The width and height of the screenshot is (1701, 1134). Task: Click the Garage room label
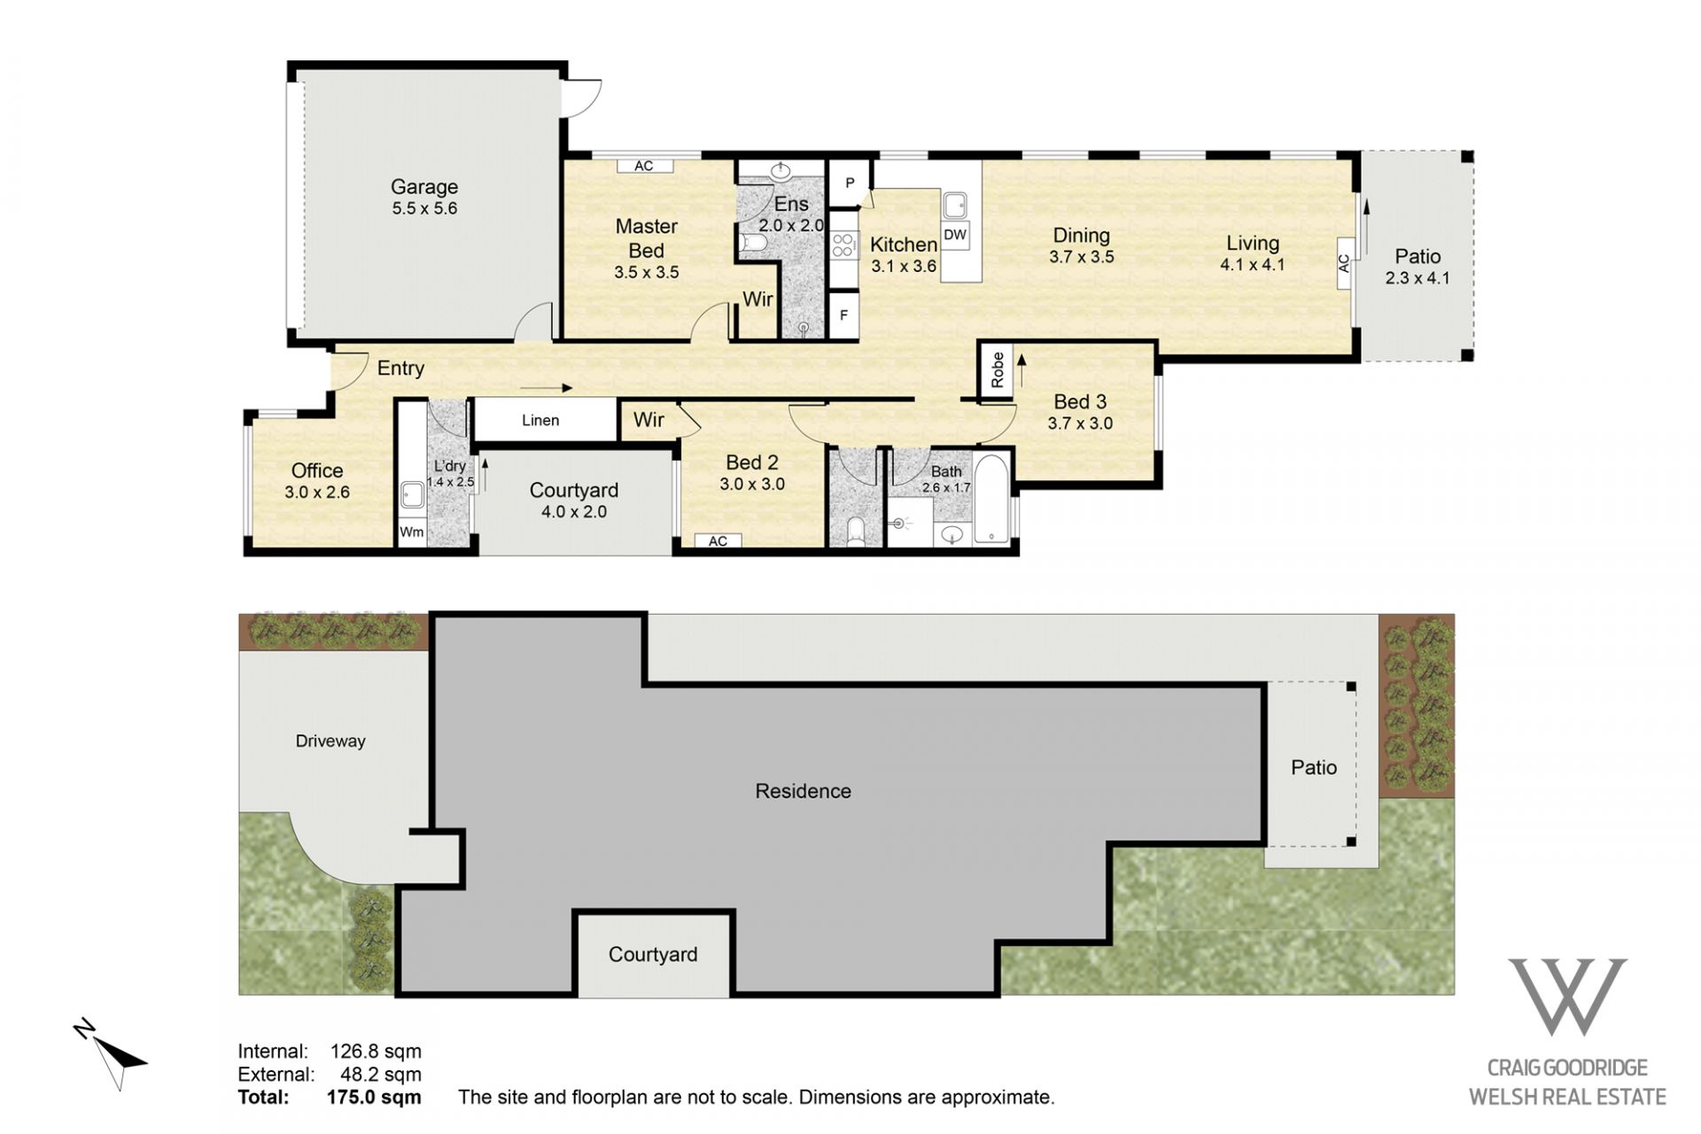coord(424,187)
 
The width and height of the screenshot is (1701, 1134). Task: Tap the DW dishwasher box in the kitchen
coord(955,235)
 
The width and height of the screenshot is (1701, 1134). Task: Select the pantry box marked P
coord(850,183)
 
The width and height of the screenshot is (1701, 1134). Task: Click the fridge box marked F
coord(844,315)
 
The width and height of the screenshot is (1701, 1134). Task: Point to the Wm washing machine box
coord(412,532)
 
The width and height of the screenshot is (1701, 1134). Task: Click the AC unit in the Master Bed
coord(644,166)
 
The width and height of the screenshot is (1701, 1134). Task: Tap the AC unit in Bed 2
coord(718,540)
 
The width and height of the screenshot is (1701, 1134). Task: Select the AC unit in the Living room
coord(1344,263)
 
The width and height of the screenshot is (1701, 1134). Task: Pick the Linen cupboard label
coord(540,420)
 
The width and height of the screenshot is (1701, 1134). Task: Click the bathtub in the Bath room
coord(990,498)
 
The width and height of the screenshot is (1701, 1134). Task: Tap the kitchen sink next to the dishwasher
coord(955,206)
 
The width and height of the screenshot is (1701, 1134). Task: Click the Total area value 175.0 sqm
coord(374,1097)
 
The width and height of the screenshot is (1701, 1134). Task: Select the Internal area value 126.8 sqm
coord(376,1051)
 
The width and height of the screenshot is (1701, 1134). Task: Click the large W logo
coord(1568,997)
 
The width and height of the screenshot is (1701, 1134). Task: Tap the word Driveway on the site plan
coord(330,741)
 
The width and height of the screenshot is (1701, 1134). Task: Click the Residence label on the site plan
coord(803,791)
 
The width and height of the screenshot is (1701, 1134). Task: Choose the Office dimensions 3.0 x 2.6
coord(317,492)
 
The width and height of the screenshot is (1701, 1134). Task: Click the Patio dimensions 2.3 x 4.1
coord(1417,277)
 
